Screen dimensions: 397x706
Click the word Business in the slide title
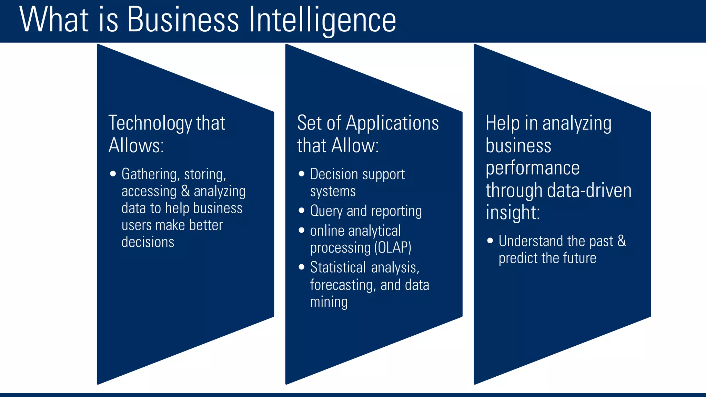183,20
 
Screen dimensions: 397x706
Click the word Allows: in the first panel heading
136,145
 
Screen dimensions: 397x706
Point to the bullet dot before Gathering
113,174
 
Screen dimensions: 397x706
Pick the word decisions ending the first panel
148,242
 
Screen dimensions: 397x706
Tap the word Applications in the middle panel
392,123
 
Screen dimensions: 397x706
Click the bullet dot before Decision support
302,174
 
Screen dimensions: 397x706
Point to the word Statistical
338,267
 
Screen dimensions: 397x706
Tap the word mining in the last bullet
329,302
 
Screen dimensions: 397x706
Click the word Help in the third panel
502,123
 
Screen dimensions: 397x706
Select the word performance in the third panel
533,168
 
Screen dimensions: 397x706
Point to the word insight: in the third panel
513,212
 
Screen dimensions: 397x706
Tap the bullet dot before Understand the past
490,241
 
